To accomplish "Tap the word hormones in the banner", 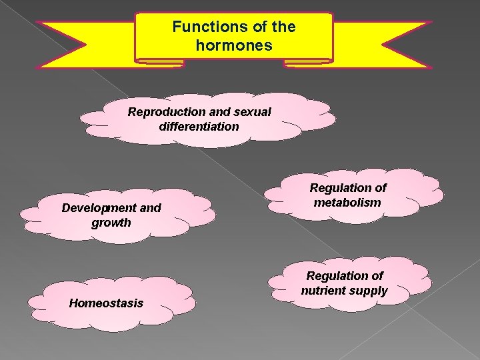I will point(233,46).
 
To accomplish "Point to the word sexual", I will point(252,112).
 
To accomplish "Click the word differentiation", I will point(199,126).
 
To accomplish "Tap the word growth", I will point(111,222).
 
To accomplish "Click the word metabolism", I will point(348,203).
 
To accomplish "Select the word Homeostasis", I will point(106,303).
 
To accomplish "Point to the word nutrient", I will point(327,291).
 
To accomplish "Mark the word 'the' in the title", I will point(284,27).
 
